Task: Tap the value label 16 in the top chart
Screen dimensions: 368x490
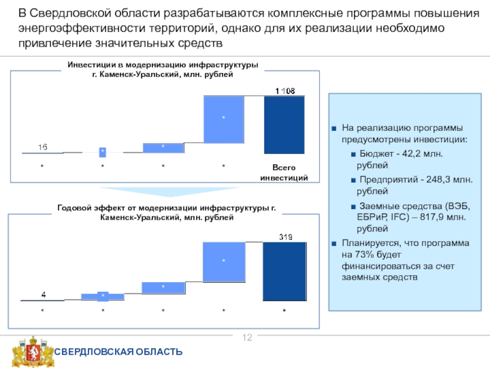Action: pyautogui.click(x=42, y=147)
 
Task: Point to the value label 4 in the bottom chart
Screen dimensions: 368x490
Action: pyautogui.click(x=43, y=294)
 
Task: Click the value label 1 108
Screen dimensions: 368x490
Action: pyautogui.click(x=285, y=91)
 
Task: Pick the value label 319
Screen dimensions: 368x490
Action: pyautogui.click(x=285, y=236)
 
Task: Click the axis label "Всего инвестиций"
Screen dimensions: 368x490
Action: pyautogui.click(x=284, y=172)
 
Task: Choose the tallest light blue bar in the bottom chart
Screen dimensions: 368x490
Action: pyautogui.click(x=224, y=261)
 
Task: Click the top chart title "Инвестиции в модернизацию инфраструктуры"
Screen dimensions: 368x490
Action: pyautogui.click(x=163, y=65)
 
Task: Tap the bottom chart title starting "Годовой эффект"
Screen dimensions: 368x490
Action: pyautogui.click(x=166, y=209)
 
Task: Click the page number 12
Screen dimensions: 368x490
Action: pyautogui.click(x=249, y=338)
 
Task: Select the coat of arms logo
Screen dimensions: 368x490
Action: pyautogui.click(x=29, y=351)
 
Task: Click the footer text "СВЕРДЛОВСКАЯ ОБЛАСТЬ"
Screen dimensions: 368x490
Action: pyautogui.click(x=119, y=351)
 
